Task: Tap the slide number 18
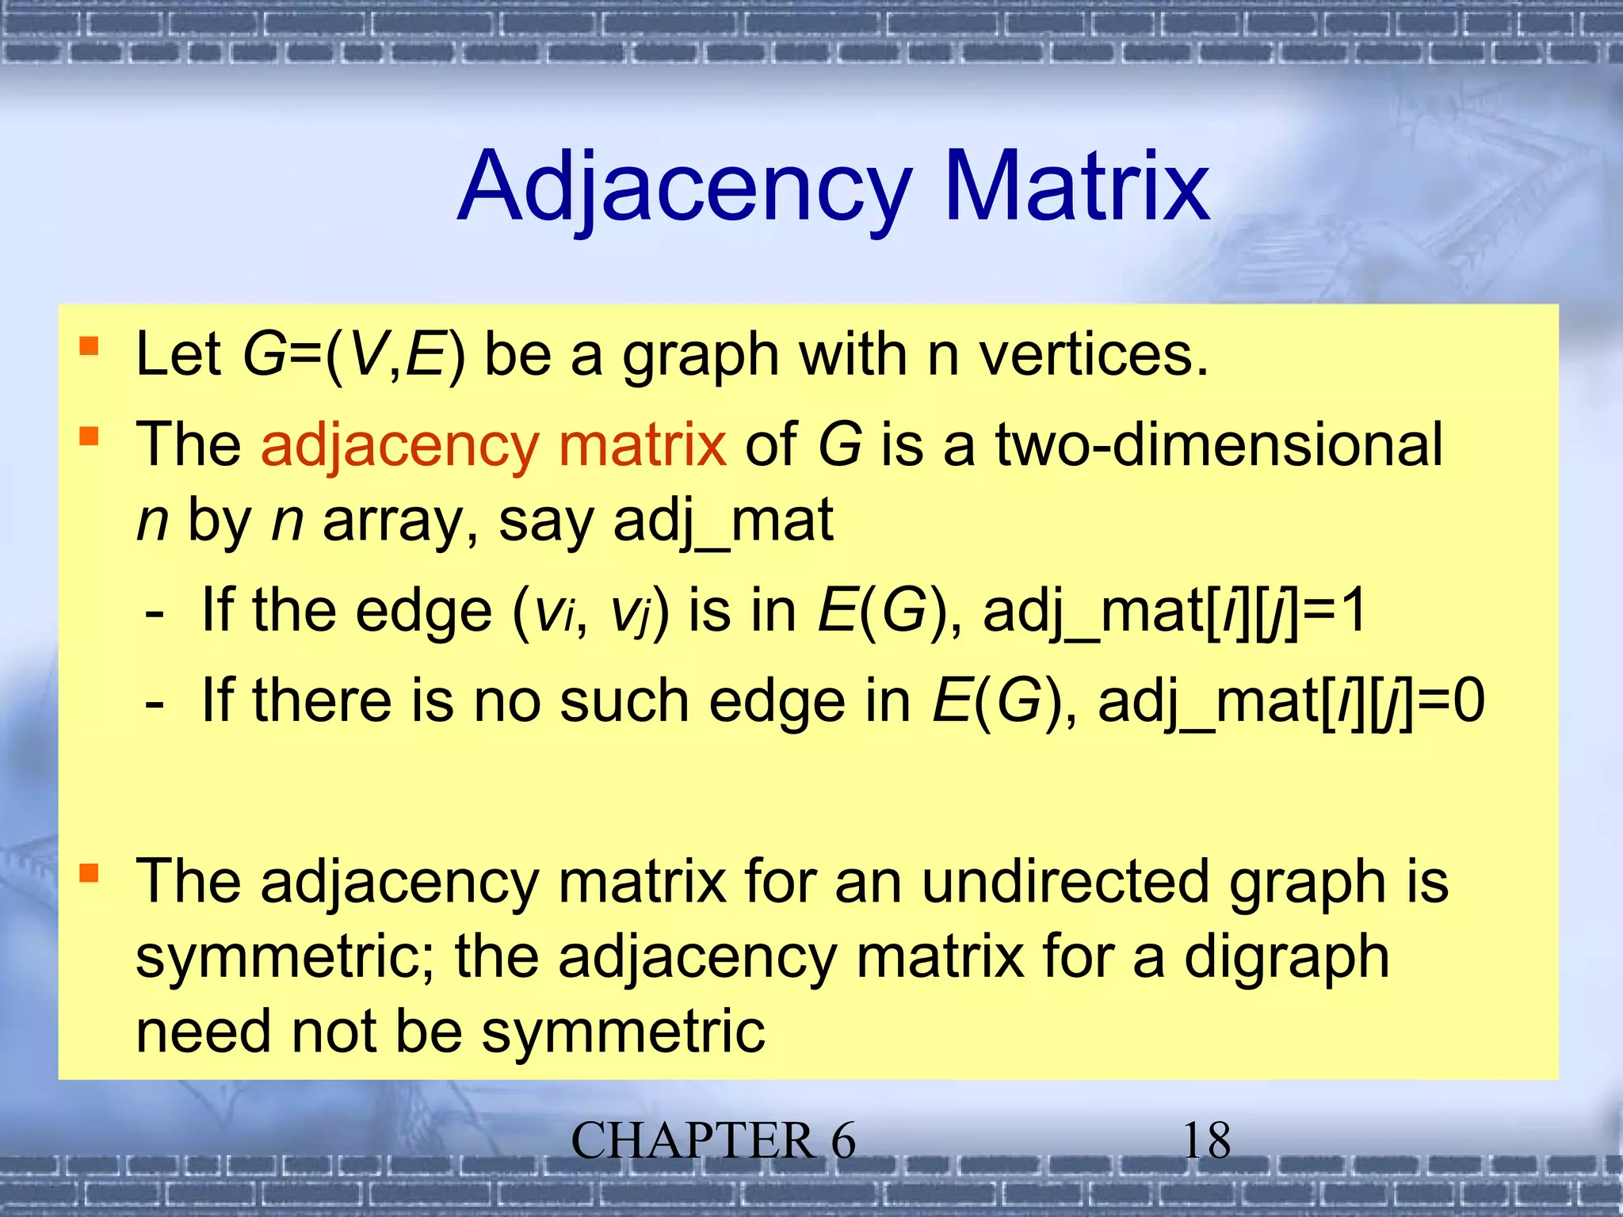click(x=1205, y=1141)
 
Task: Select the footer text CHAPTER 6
click(x=712, y=1141)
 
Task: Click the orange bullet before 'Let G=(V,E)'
click(x=89, y=346)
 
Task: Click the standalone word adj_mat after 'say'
click(x=723, y=521)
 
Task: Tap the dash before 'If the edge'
click(x=155, y=612)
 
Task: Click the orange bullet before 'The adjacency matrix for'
click(x=89, y=873)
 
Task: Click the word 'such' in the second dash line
click(x=624, y=701)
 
